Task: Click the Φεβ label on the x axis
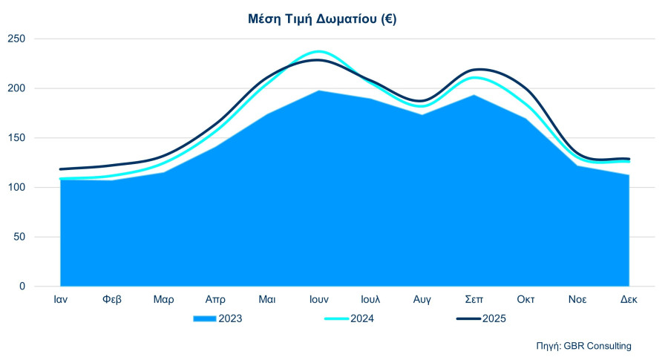click(112, 300)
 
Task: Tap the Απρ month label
click(215, 300)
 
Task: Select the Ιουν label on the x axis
click(319, 300)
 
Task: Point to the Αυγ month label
click(422, 300)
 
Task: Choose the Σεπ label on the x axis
click(474, 300)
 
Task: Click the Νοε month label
click(577, 300)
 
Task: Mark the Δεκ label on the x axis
click(629, 300)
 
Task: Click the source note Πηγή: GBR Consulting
click(583, 346)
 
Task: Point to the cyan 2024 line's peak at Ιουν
click(319, 51)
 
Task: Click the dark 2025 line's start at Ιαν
click(61, 169)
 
